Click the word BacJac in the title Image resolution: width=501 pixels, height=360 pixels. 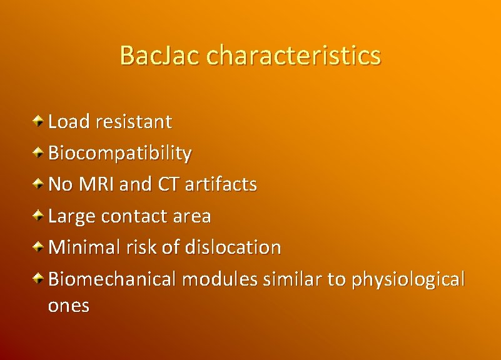pyautogui.click(x=160, y=56)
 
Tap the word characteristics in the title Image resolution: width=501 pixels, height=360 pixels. pyautogui.click(x=293, y=56)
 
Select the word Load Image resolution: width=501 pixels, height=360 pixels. pyautogui.click(x=69, y=122)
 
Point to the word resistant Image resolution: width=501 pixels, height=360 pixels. pyautogui.click(x=133, y=122)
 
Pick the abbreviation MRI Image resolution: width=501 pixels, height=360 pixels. pyautogui.click(x=98, y=184)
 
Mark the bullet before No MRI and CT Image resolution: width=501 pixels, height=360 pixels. pyautogui.click(x=39, y=183)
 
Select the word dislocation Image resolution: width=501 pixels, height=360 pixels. pyautogui.click(x=233, y=247)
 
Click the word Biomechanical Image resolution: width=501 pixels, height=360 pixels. pyautogui.click(x=112, y=279)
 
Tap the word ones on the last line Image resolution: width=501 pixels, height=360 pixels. pyautogui.click(x=69, y=306)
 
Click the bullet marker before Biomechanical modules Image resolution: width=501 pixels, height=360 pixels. pyautogui.click(x=39, y=277)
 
